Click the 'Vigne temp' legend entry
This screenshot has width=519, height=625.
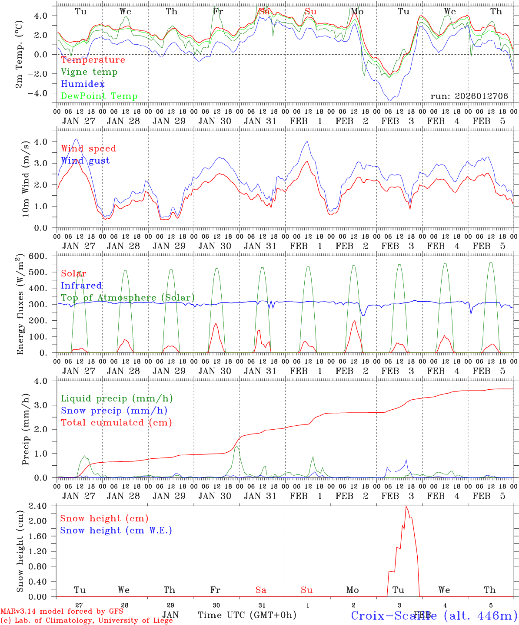point(89,72)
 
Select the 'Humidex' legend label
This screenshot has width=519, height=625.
point(83,84)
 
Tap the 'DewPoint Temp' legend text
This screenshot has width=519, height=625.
point(99,96)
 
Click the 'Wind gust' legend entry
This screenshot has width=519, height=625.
point(85,161)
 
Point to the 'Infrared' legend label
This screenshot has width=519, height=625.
point(81,286)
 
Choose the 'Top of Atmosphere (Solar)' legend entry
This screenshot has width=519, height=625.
point(128,298)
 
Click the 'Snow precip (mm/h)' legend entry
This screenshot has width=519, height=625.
point(114,411)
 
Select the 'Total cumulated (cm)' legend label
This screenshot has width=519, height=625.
point(116,423)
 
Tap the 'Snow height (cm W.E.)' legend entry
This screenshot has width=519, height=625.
point(116,530)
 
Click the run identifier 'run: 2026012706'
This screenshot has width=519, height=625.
point(469,96)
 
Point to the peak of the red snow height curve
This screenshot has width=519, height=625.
point(406,506)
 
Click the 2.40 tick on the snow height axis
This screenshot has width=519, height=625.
point(44,506)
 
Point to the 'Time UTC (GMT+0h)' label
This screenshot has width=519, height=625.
point(247,615)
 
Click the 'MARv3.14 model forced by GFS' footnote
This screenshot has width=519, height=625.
point(62,612)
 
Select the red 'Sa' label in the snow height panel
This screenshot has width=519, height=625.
point(261,590)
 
